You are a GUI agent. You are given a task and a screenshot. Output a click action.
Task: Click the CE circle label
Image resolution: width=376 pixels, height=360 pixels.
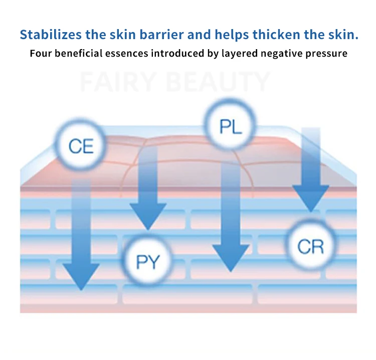(81, 147)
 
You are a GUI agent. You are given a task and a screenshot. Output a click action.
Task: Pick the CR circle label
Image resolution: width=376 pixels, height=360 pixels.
(310, 246)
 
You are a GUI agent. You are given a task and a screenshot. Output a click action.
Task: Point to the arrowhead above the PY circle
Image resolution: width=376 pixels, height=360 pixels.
(147, 216)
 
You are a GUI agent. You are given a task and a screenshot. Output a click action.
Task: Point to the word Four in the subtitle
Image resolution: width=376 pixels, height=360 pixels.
(40, 53)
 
